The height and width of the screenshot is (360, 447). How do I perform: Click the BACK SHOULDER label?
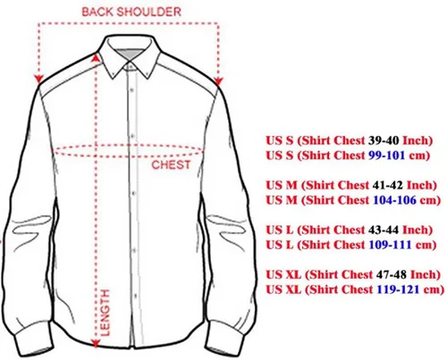pyautogui.click(x=131, y=12)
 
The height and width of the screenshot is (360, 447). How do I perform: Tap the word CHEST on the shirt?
pyautogui.click(x=171, y=164)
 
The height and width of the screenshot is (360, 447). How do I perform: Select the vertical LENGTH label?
pyautogui.click(x=105, y=313)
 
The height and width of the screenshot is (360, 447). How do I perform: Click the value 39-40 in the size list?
pyautogui.click(x=384, y=140)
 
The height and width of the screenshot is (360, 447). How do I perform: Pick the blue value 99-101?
pyautogui.click(x=387, y=155)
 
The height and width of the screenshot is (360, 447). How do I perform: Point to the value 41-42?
pyautogui.click(x=387, y=185)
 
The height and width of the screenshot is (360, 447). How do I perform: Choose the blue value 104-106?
pyautogui.click(x=394, y=200)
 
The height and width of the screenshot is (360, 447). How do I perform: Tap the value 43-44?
pyautogui.click(x=384, y=230)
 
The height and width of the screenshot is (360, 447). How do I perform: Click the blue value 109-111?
pyautogui.click(x=391, y=245)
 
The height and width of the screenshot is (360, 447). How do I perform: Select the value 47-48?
pyautogui.click(x=392, y=274)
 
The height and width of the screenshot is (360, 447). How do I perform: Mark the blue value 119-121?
pyautogui.click(x=398, y=289)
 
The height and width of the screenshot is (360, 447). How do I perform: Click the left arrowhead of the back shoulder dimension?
pyautogui.click(x=38, y=79)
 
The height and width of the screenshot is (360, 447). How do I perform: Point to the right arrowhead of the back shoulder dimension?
pyautogui.click(x=218, y=81)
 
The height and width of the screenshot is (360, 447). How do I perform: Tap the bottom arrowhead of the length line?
pyautogui.click(x=96, y=343)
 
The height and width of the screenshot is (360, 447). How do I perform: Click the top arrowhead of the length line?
pyautogui.click(x=96, y=56)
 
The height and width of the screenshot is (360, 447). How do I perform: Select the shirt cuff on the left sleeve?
pyautogui.click(x=35, y=341)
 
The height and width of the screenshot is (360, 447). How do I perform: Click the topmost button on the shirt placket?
pyautogui.click(x=131, y=89)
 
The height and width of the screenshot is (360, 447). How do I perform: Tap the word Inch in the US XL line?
pyautogui.click(x=426, y=274)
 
